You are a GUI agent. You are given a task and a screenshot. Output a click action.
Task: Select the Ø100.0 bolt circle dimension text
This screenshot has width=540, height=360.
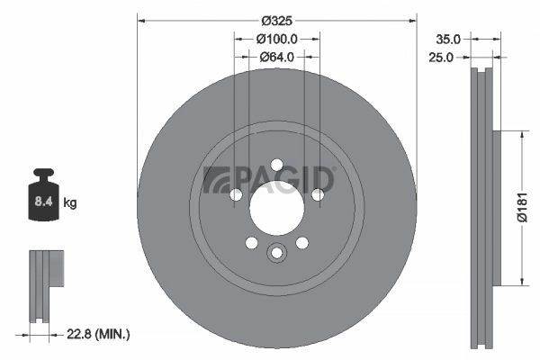click(277, 39)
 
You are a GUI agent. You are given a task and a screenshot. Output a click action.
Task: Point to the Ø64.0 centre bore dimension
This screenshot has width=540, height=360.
click(277, 58)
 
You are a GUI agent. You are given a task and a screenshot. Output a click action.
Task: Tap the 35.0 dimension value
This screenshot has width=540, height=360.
click(448, 39)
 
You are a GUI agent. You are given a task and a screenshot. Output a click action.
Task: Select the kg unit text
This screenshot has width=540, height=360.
click(69, 203)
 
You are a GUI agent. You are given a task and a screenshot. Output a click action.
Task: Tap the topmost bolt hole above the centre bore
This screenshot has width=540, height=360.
click(276, 164)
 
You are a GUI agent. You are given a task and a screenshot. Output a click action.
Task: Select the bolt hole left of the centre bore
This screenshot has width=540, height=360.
click(237, 194)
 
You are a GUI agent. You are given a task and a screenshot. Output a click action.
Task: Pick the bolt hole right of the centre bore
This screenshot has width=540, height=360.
click(317, 194)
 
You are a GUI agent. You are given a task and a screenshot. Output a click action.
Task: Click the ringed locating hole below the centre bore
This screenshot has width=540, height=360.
click(276, 252)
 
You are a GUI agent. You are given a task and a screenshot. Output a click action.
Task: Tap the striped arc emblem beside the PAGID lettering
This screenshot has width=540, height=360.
click(217, 179)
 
